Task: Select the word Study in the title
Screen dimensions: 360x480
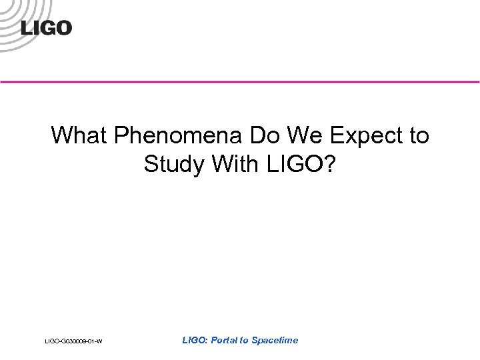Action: tap(174, 164)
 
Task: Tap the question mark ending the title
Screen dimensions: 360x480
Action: tap(331, 163)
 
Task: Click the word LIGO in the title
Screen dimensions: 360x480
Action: tap(297, 163)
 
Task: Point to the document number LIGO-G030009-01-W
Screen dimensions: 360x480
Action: tap(73, 342)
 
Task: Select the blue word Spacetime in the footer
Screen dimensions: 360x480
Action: tap(275, 340)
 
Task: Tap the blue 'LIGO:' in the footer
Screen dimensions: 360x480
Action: tap(195, 340)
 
